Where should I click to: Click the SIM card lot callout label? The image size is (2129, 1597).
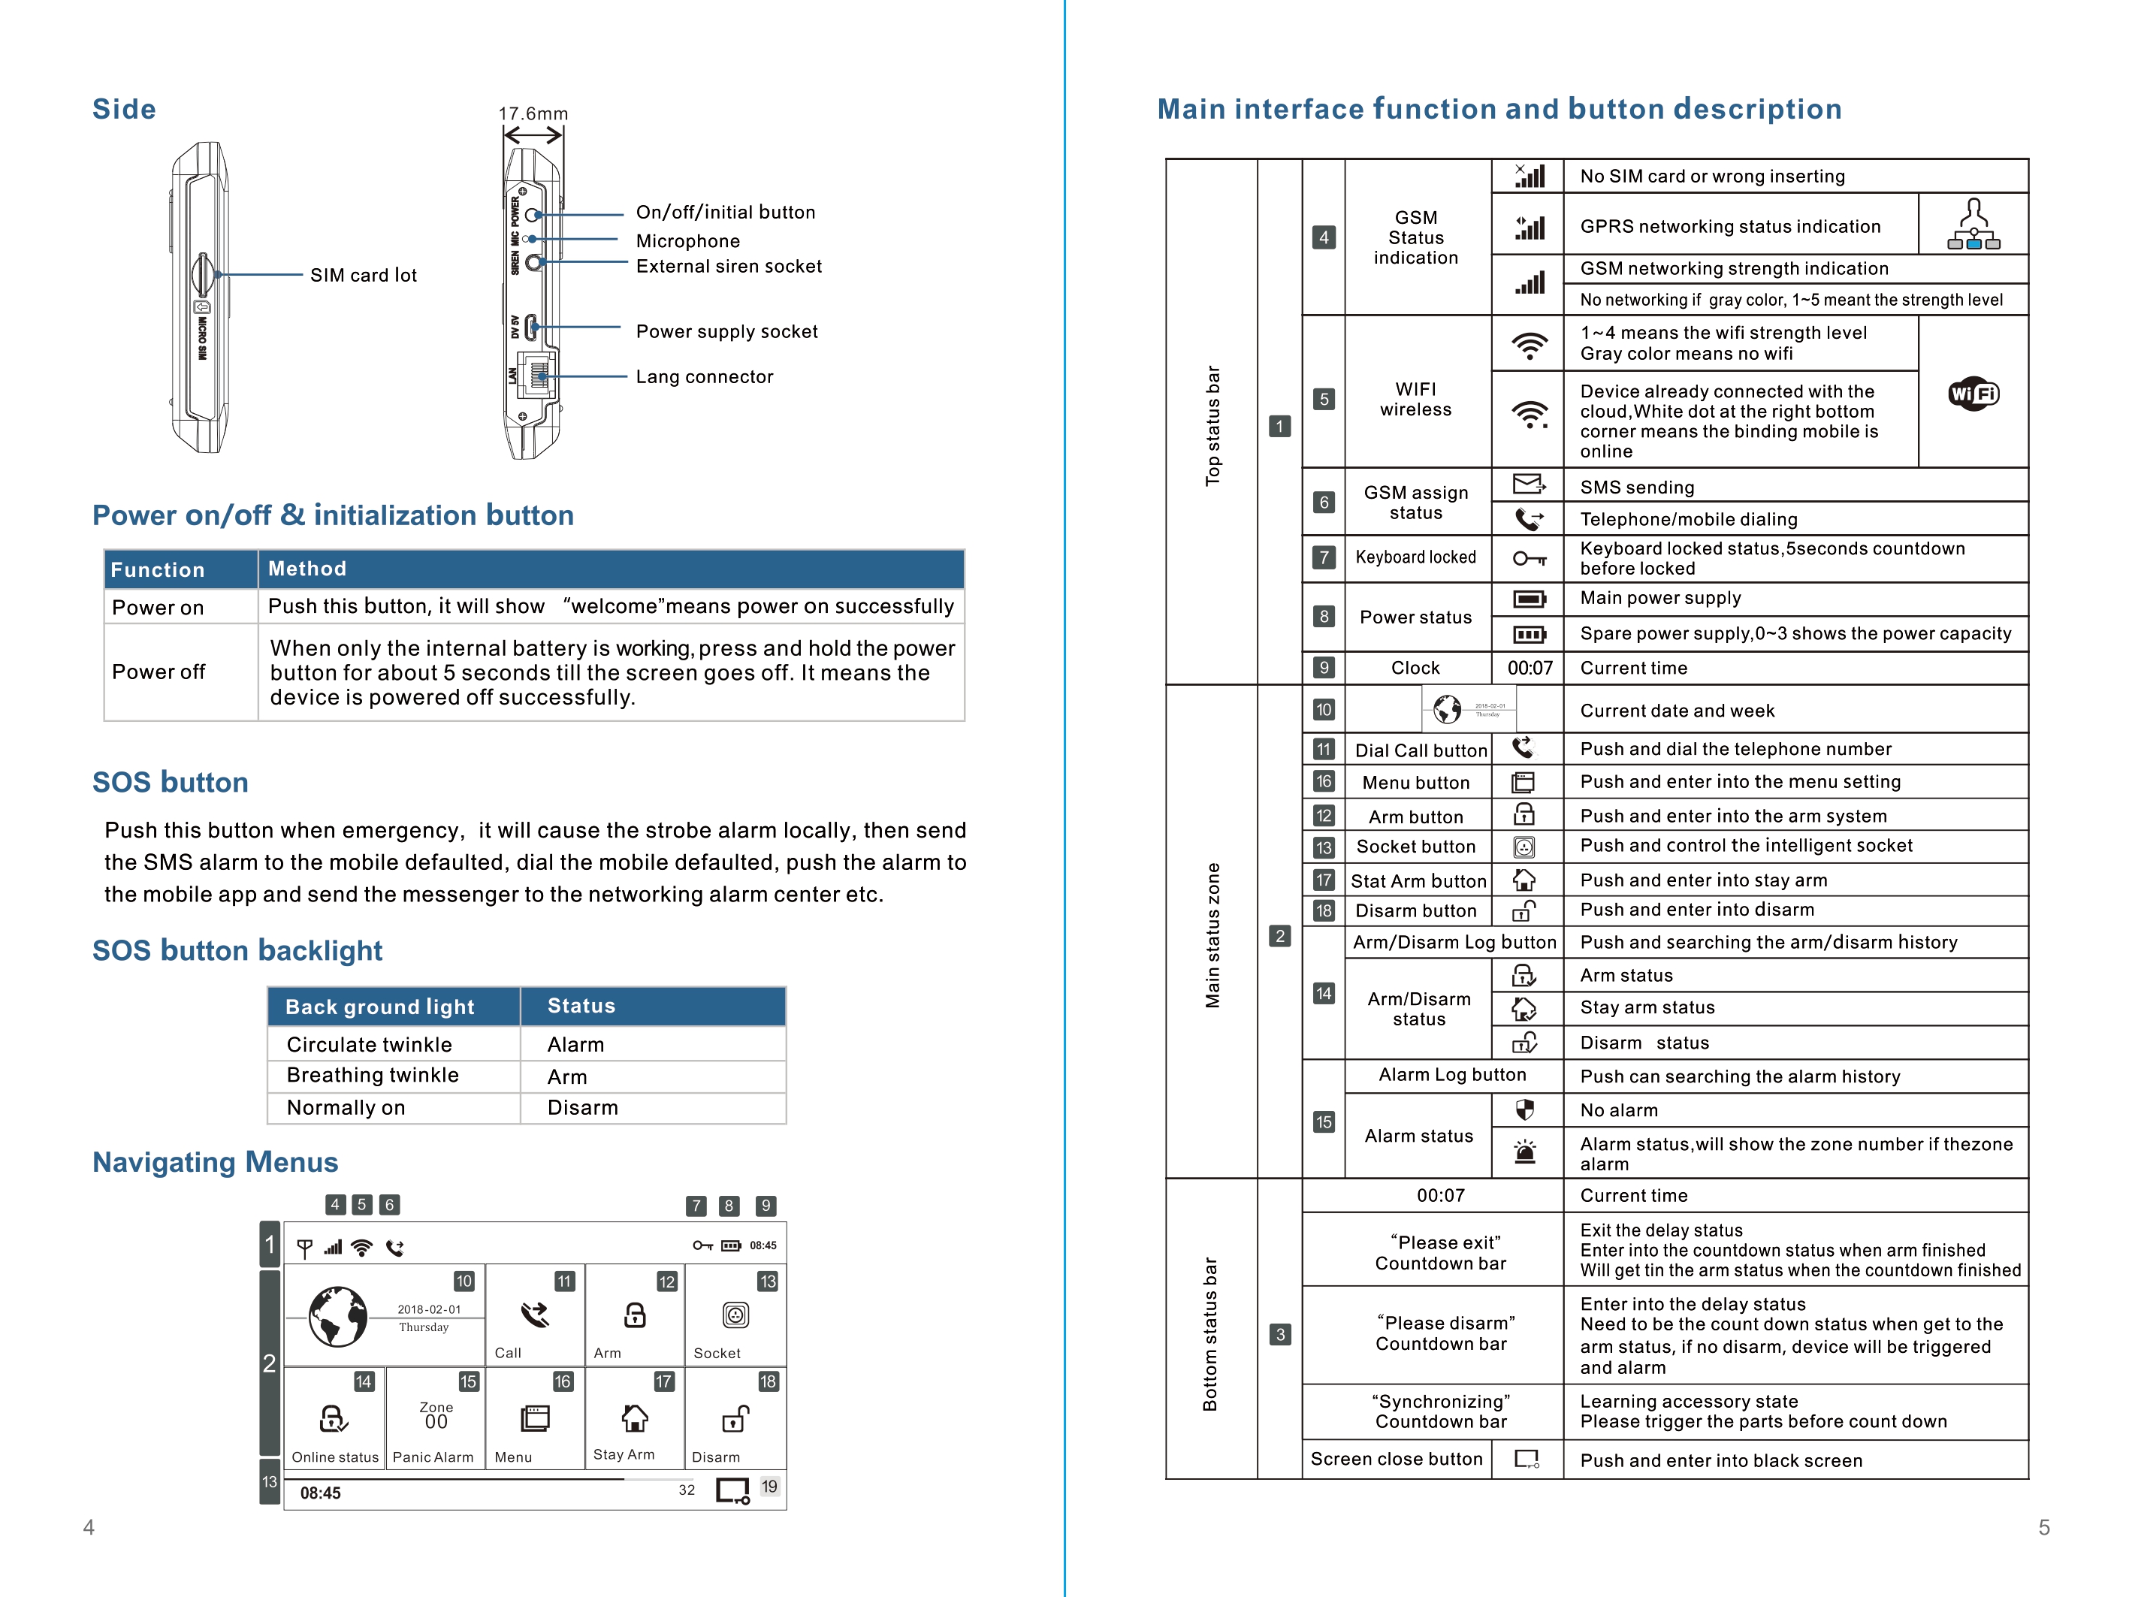(x=363, y=276)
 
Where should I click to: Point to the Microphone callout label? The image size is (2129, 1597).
(x=687, y=240)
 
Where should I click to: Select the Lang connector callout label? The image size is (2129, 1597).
(x=704, y=376)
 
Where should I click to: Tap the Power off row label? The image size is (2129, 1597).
(x=158, y=672)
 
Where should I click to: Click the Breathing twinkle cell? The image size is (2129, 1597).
(x=373, y=1075)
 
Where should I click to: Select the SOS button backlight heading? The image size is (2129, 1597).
(x=237, y=950)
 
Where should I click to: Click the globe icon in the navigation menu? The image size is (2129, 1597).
(x=337, y=1317)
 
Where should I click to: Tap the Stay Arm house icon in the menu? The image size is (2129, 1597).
(x=634, y=1418)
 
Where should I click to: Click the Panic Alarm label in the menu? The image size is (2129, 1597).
(x=433, y=1457)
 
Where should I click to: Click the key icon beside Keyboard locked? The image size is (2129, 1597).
(x=1529, y=558)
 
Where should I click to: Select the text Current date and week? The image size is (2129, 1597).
(x=1677, y=711)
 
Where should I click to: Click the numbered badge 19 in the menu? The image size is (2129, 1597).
(x=769, y=1487)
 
